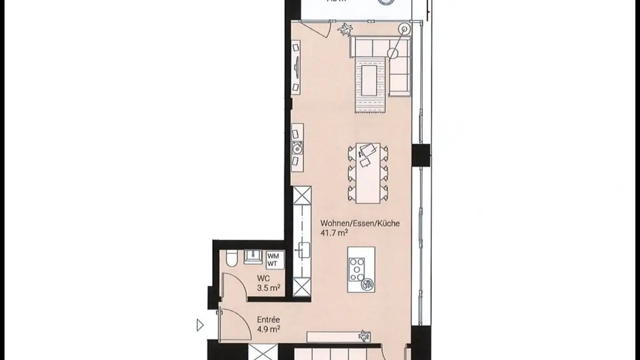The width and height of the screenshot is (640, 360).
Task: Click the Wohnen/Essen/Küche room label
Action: click(x=360, y=224)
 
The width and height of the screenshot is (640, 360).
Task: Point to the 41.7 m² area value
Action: click(x=333, y=232)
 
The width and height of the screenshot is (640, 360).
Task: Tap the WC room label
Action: click(x=263, y=279)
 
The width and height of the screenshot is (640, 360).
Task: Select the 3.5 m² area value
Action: click(x=268, y=288)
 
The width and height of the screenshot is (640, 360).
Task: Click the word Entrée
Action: click(x=268, y=320)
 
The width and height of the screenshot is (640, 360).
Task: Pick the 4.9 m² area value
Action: click(x=268, y=329)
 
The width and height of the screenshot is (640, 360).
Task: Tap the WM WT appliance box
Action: click(x=273, y=259)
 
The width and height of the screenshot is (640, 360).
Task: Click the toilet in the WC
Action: click(x=231, y=259)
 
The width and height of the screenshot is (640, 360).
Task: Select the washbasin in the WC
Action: click(x=253, y=256)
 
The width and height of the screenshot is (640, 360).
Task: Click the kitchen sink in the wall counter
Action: click(x=303, y=250)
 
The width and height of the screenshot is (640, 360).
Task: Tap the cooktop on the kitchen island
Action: click(x=357, y=269)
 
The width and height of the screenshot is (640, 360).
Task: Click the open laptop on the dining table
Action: click(x=368, y=150)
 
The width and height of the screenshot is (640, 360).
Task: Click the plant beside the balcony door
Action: click(x=344, y=30)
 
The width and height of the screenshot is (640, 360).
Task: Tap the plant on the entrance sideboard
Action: click(x=364, y=336)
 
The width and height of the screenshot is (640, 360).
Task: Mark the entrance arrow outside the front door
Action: click(x=200, y=325)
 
